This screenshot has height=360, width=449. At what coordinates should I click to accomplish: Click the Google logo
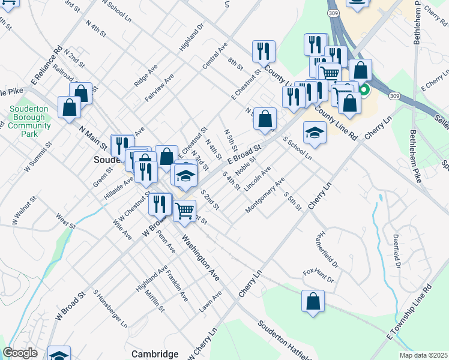(20, 353)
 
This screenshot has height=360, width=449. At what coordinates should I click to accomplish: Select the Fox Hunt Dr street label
(318, 276)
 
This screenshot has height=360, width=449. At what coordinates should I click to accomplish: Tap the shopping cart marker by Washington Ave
(184, 211)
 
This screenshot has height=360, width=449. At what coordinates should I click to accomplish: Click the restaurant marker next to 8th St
(264, 52)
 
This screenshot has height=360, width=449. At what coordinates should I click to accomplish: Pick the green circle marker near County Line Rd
(364, 92)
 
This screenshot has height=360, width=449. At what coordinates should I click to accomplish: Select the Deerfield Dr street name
(397, 251)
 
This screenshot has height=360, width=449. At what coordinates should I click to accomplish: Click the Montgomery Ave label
(265, 194)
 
